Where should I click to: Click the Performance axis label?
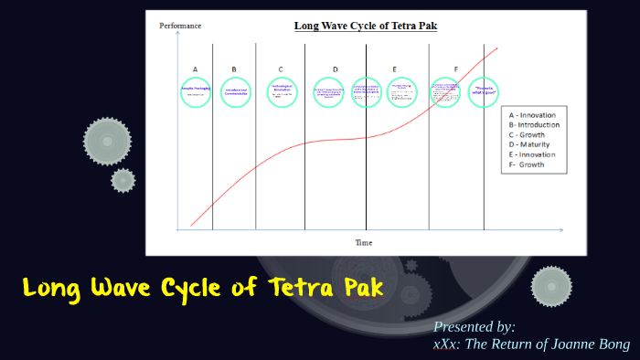coord(180,26)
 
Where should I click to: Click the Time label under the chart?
coord(364,243)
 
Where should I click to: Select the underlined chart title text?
coord(365,26)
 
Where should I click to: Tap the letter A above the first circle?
coord(195,69)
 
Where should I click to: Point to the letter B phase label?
coord(234,69)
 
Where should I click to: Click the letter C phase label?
coord(281,69)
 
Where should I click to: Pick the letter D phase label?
coord(335,69)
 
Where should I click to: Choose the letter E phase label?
coord(394,69)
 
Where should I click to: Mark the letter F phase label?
coord(455,69)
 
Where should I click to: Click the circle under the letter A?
coord(195,91)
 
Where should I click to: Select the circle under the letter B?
coord(234,91)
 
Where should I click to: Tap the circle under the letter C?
coord(282,91)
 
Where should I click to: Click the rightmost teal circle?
coord(484,91)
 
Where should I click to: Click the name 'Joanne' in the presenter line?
coord(565,344)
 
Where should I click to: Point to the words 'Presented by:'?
coord(475,326)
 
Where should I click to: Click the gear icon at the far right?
coord(551,286)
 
